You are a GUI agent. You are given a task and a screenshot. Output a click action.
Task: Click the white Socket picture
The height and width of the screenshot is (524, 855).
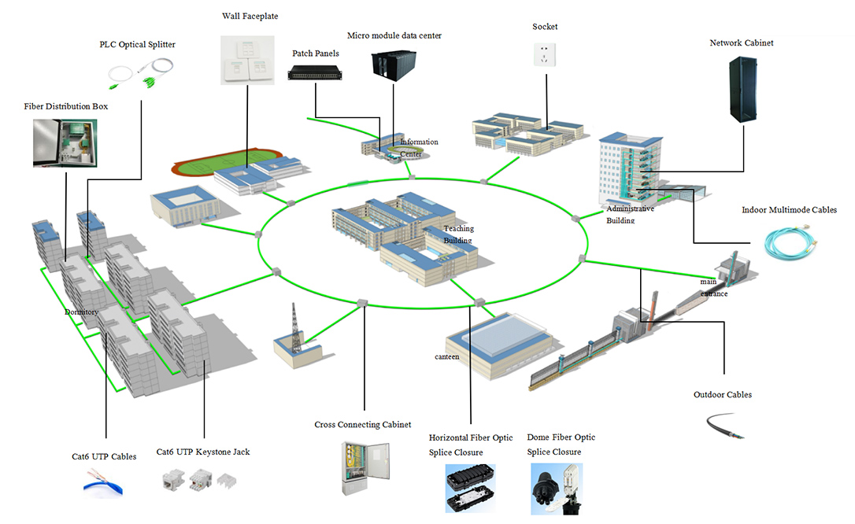[x=545, y=55]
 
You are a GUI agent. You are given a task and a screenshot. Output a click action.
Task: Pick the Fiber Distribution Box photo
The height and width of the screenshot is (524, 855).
[x=65, y=142]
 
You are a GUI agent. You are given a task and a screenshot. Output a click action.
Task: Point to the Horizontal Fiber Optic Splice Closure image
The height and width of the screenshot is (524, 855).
[x=469, y=488]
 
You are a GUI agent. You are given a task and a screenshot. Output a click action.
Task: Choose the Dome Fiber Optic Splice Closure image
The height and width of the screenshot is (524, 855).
[x=561, y=488]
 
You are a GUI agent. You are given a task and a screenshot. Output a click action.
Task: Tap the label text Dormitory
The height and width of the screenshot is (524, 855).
[x=81, y=312]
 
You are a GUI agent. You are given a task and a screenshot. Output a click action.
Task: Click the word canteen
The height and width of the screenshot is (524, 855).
[x=446, y=356]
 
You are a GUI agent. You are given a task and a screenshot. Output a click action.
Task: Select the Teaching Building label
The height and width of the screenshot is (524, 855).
[x=458, y=234]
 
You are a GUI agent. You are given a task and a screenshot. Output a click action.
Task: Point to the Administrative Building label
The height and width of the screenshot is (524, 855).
[x=629, y=214]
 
